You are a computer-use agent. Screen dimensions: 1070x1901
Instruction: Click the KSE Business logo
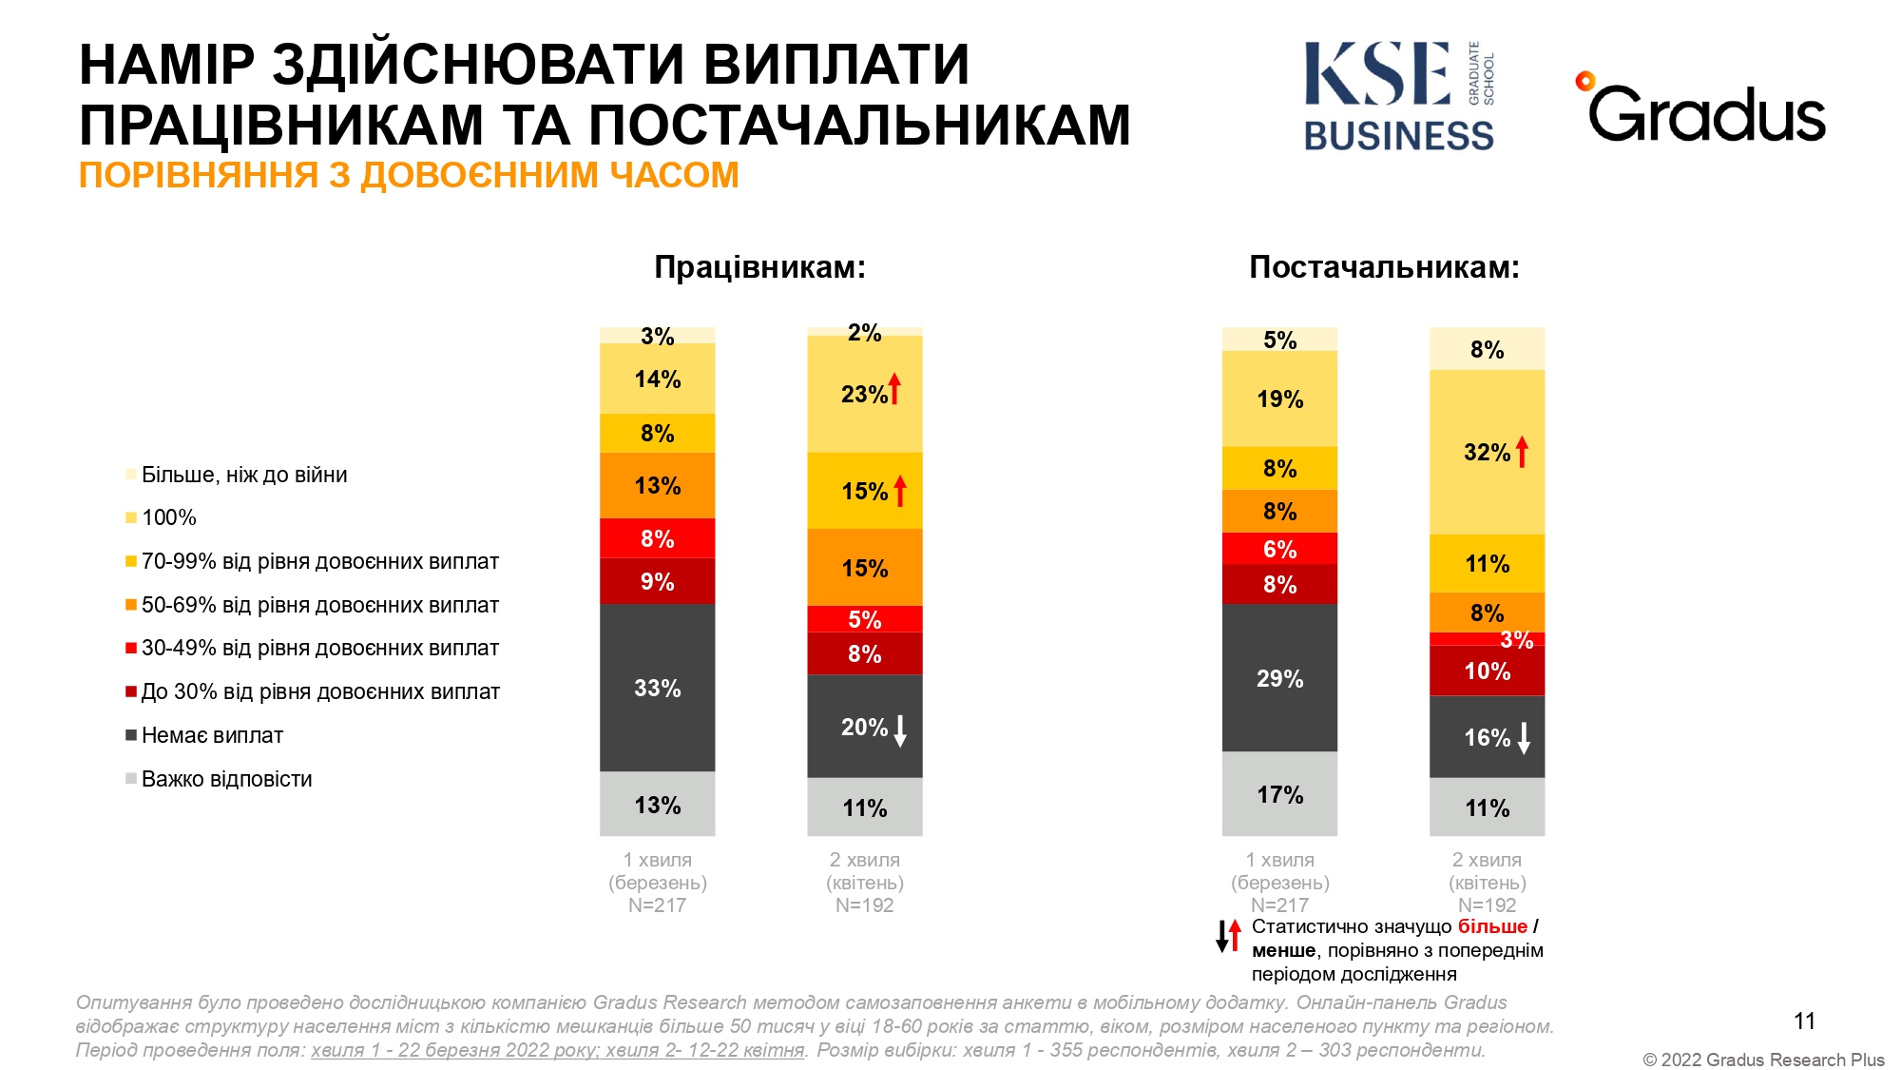1398,96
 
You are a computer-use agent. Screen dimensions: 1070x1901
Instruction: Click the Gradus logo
1702,110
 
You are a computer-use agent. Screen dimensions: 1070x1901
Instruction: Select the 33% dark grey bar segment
657,688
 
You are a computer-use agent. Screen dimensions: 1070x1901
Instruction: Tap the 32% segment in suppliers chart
1487,453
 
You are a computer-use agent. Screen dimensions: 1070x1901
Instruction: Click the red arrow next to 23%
894,388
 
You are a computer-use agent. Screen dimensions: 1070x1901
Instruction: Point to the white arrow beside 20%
900,730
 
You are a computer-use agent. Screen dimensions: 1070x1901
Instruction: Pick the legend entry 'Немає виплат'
212,735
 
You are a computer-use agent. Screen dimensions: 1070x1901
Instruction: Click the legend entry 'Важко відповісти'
226,779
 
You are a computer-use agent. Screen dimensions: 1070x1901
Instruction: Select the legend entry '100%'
168,517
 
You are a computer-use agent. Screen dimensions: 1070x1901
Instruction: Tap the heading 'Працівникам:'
759,267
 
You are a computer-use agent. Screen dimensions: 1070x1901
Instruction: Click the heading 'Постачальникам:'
1384,267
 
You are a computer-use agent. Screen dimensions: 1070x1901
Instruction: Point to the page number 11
1804,1021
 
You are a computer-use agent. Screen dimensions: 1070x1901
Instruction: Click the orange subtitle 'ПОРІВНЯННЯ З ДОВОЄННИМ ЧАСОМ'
409,176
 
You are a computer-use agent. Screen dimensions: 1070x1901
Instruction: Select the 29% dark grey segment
1279,678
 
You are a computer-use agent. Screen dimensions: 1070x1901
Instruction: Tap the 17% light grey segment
1279,794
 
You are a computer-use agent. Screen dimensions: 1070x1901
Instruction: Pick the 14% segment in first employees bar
657,379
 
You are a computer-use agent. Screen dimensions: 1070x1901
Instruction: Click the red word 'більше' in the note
1492,926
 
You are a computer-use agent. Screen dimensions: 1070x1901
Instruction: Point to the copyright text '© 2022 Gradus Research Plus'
1763,1060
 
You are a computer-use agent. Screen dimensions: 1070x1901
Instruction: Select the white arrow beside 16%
1524,738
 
